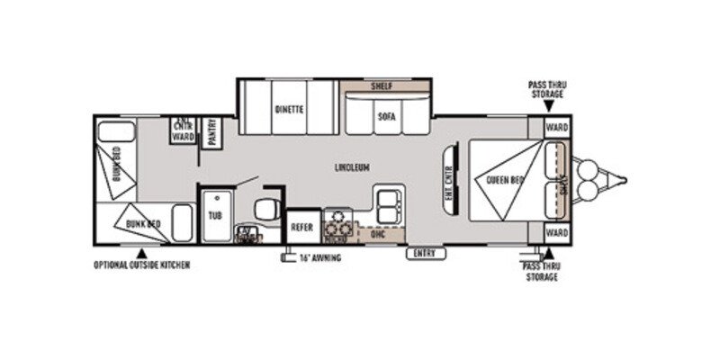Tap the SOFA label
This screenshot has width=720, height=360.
tap(387, 116)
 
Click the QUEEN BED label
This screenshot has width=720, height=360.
tap(504, 180)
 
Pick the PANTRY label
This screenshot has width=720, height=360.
tap(212, 131)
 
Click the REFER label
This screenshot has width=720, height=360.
tap(301, 227)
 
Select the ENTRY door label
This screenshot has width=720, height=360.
tap(425, 254)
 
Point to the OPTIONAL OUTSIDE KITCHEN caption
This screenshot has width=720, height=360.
tap(142, 265)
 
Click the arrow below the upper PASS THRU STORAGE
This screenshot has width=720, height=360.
tap(548, 107)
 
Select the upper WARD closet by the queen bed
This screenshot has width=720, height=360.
tap(556, 127)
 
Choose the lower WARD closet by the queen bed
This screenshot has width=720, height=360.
tap(556, 233)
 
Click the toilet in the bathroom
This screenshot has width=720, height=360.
tap(265, 210)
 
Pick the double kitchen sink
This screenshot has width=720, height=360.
tap(391, 204)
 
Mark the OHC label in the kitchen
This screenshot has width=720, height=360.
tap(378, 233)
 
